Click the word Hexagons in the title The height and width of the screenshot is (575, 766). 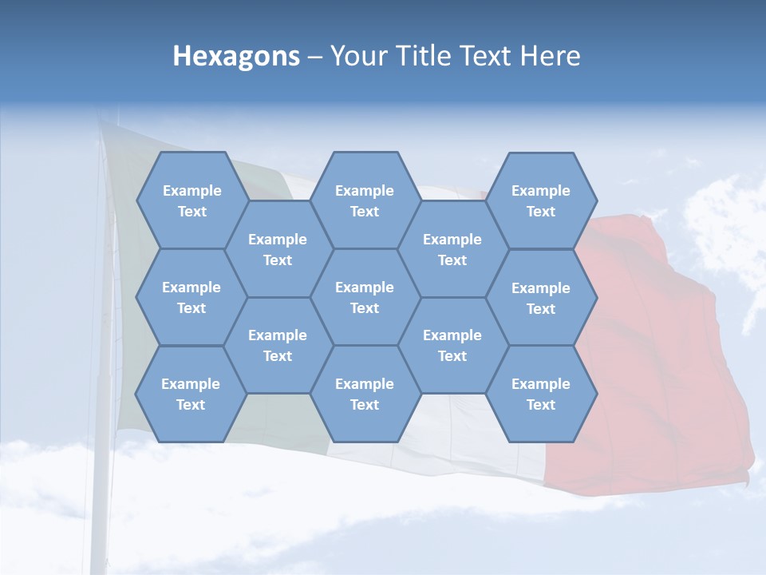click(x=236, y=56)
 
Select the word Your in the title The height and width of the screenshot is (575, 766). click(x=356, y=56)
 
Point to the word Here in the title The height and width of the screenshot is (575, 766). click(x=551, y=56)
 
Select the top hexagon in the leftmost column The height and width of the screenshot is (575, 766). click(x=191, y=200)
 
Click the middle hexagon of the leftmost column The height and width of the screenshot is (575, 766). click(x=191, y=297)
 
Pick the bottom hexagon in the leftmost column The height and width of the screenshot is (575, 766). click(x=191, y=394)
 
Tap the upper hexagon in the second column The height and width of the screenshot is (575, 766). click(x=278, y=249)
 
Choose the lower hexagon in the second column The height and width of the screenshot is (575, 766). click(x=278, y=345)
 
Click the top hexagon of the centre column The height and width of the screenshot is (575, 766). click(x=365, y=200)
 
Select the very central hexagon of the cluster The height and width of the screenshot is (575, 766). click(x=365, y=297)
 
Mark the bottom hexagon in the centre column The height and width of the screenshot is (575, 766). click(x=365, y=394)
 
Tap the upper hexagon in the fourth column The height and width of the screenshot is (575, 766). click(x=452, y=249)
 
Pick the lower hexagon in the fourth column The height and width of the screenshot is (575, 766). click(x=452, y=345)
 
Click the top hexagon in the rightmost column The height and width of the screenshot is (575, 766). click(x=541, y=200)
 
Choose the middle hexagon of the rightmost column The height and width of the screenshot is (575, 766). click(x=541, y=298)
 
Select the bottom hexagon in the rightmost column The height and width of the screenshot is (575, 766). click(x=541, y=394)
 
